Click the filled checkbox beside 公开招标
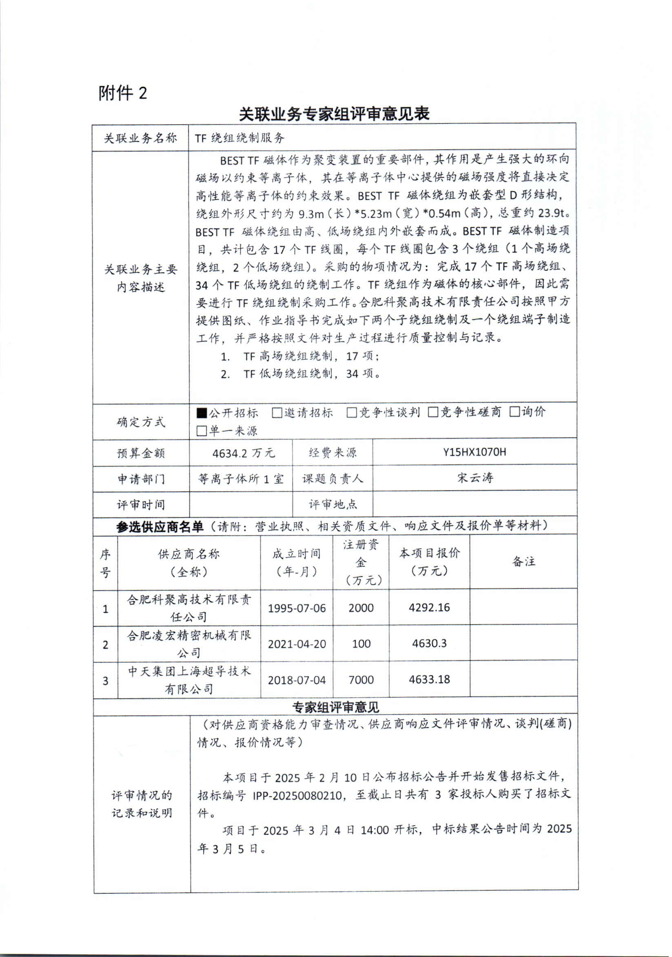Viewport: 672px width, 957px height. tap(202, 413)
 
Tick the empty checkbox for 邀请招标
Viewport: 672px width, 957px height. tap(277, 413)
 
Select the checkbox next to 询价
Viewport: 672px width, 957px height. tap(515, 412)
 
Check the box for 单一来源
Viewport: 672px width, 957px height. tap(202, 431)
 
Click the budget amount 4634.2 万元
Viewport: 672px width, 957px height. tap(244, 453)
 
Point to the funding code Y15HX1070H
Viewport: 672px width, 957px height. tap(475, 452)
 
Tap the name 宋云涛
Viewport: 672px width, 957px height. tap(475, 477)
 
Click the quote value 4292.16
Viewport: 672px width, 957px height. tap(429, 607)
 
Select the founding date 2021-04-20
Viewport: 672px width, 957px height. tap(297, 644)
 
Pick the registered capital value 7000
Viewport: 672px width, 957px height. tap(361, 680)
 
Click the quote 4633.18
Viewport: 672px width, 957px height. tap(429, 679)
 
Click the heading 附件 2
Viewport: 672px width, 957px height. tap(123, 93)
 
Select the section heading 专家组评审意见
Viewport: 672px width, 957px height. tap(335, 707)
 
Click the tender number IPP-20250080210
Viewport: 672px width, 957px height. tap(297, 795)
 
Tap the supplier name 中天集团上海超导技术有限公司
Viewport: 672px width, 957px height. tap(189, 680)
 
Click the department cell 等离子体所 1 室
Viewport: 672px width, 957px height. tap(241, 479)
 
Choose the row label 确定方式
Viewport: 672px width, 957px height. tap(141, 422)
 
